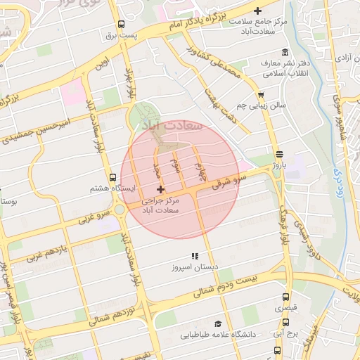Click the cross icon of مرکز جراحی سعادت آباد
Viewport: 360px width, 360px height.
click(x=161, y=189)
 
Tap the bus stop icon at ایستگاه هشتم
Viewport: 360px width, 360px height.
click(x=113, y=177)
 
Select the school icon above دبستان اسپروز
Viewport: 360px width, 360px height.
click(x=195, y=257)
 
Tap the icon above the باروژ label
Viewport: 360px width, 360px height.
click(x=279, y=154)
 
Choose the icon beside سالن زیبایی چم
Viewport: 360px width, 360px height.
click(x=262, y=94)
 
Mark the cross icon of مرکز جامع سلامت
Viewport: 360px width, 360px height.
click(x=258, y=11)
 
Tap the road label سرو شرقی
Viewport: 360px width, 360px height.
click(x=229, y=180)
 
